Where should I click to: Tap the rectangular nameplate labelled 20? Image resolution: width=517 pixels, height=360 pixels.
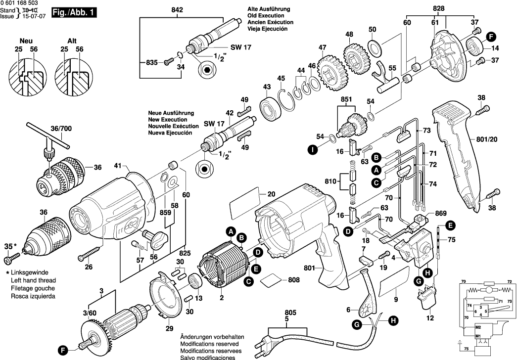click(245, 202)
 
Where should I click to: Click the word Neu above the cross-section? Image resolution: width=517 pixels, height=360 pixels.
click(26, 41)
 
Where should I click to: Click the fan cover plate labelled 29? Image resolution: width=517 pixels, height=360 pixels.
click(166, 297)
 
